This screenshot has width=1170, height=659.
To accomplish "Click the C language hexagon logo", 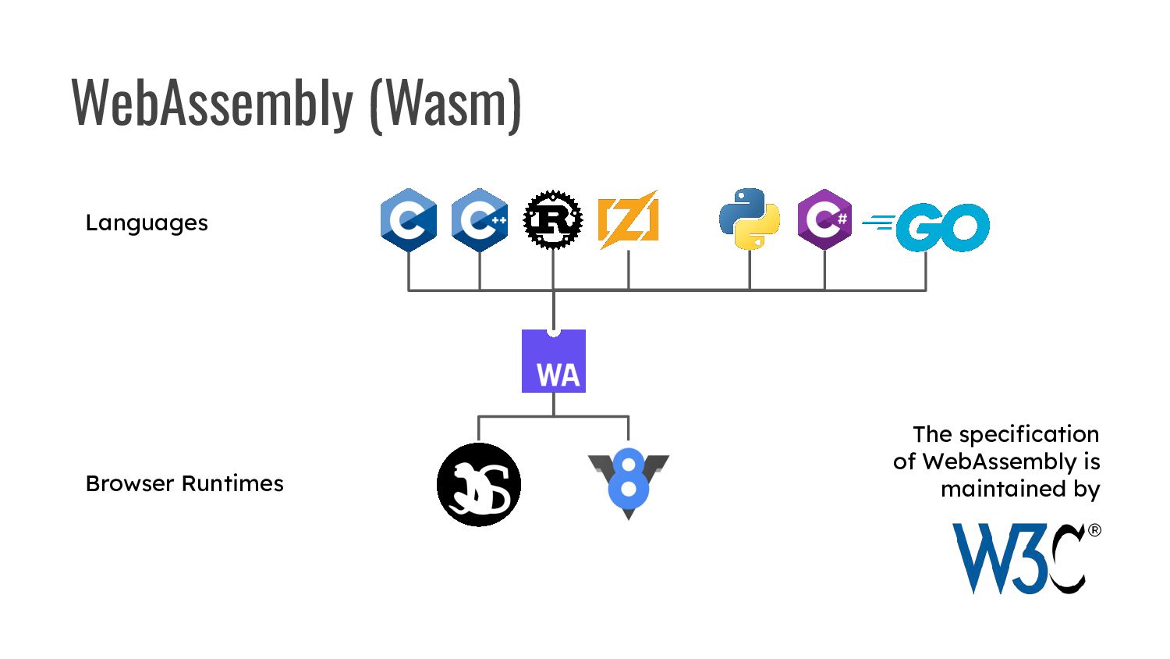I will click(x=409, y=220).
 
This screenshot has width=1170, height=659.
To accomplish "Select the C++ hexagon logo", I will click(x=480, y=220).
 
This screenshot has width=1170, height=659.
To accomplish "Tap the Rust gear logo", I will click(x=553, y=219).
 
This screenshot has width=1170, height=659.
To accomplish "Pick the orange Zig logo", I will click(x=628, y=219).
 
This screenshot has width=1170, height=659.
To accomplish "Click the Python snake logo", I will click(x=750, y=219).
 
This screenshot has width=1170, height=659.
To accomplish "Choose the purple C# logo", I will click(x=824, y=219).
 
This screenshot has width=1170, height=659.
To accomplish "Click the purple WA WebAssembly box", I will click(x=554, y=362).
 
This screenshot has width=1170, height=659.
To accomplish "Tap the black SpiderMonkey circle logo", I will click(x=479, y=485).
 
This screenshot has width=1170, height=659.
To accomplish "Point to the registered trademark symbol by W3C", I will click(x=1094, y=530).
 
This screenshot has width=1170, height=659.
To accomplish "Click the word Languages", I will click(x=147, y=223).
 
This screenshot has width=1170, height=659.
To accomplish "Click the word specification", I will click(x=1029, y=434).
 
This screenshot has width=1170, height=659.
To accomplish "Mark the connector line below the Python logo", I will click(x=750, y=270).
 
